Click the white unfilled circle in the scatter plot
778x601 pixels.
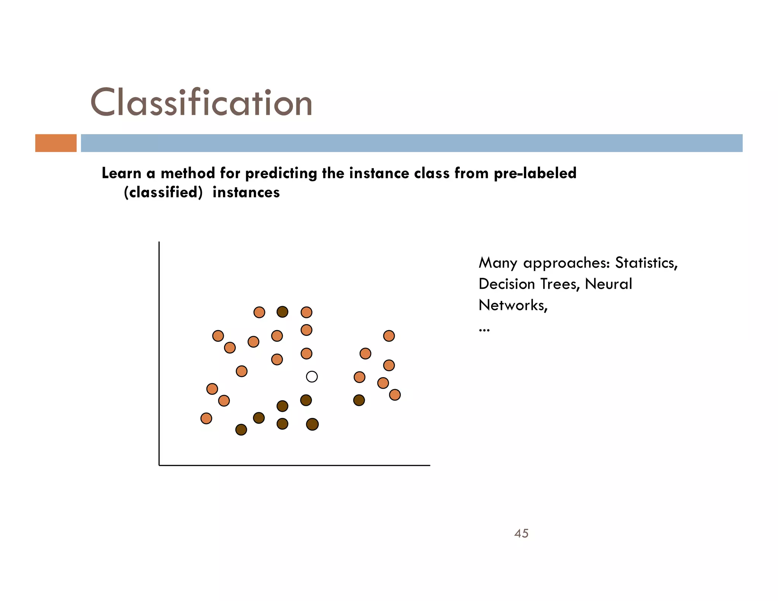(312, 376)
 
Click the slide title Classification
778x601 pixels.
(201, 102)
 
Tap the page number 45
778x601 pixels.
(521, 533)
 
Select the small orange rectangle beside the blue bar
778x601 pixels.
(56, 143)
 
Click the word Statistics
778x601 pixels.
(646, 263)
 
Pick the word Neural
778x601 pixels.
(608, 284)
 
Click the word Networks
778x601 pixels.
(513, 305)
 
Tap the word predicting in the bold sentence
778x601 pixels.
(281, 174)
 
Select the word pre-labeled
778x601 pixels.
(535, 173)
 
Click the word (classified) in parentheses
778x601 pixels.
(163, 193)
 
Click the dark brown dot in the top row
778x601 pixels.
(282, 312)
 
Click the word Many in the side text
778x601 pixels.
(498, 263)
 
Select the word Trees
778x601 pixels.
(560, 284)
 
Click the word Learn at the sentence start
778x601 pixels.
(121, 173)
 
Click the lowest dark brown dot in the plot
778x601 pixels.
(241, 430)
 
